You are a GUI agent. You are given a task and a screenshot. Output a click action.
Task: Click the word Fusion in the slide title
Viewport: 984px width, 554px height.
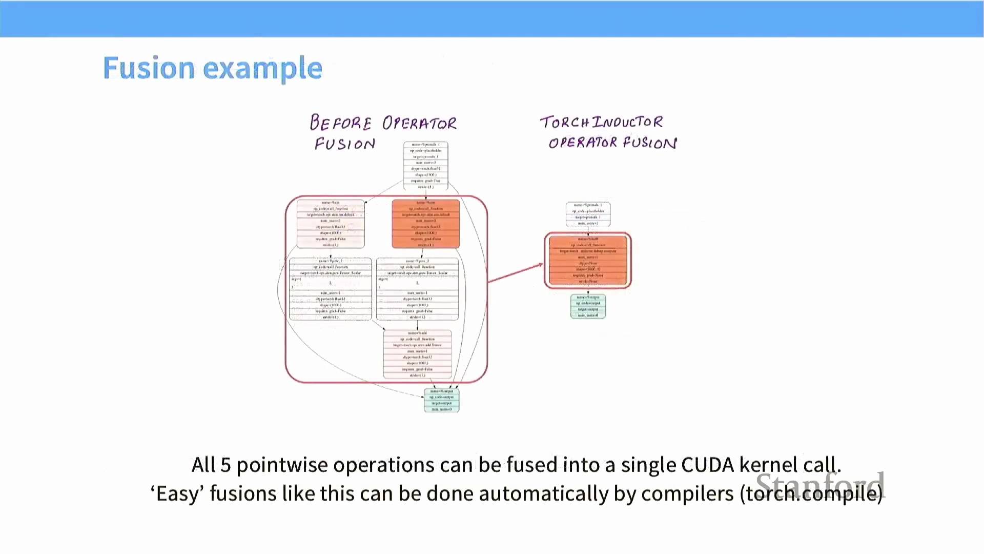point(149,68)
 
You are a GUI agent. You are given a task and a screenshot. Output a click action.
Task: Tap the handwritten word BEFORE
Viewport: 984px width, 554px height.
point(340,123)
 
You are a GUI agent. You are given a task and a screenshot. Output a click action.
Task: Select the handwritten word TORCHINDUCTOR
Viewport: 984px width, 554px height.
point(601,122)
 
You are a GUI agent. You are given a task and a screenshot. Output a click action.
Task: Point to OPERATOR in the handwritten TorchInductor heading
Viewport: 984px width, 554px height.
point(583,143)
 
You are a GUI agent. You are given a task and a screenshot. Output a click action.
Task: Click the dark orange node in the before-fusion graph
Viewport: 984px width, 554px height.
point(425,224)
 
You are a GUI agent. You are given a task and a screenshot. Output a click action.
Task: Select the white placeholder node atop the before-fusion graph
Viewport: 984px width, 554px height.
point(425,166)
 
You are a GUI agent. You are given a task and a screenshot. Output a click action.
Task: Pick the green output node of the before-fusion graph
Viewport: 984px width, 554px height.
point(441,400)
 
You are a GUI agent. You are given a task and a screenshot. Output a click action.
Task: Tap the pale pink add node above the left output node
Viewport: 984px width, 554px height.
point(417,354)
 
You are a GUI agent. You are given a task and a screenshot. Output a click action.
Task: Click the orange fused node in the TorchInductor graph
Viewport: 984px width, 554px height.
point(588,261)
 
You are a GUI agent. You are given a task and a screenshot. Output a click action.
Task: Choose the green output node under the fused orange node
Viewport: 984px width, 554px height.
point(588,306)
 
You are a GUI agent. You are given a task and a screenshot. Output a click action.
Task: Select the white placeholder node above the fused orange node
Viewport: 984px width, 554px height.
point(588,214)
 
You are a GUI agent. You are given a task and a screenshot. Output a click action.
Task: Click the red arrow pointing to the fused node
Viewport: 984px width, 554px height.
point(515,273)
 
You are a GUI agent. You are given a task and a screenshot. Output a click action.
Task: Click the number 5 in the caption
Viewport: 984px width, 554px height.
point(225,465)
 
